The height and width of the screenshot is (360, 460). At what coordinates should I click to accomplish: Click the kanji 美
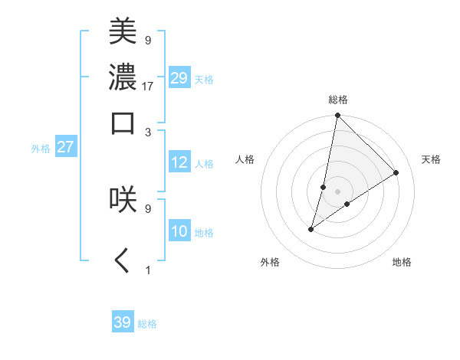point(123,33)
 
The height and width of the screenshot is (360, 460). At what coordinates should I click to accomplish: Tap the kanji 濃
point(123,77)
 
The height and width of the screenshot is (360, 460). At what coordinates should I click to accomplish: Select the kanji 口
point(123,123)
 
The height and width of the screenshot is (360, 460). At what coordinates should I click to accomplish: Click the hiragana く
point(123,261)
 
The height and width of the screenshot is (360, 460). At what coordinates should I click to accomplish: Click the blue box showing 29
point(179,79)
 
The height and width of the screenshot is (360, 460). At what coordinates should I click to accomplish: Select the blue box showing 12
point(179,162)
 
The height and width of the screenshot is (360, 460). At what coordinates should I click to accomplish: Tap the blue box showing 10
point(179,231)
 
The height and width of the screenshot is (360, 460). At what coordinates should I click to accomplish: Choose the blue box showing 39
point(123,322)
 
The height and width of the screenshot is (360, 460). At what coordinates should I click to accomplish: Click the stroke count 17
point(148,85)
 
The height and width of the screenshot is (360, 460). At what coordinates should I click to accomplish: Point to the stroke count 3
point(148,131)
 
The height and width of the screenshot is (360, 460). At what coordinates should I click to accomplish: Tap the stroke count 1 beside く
point(148,270)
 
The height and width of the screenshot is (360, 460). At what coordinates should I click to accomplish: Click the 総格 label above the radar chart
point(338,100)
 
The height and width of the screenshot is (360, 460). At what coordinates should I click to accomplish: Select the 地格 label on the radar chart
point(402,263)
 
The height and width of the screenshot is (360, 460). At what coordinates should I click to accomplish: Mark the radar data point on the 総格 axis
point(337,116)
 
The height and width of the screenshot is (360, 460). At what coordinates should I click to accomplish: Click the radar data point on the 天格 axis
point(396,172)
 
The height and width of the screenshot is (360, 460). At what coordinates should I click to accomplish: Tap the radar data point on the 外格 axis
point(311,229)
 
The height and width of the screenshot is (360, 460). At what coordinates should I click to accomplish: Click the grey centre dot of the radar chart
point(337,191)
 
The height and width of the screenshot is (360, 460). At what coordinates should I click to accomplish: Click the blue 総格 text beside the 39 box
point(147,324)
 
